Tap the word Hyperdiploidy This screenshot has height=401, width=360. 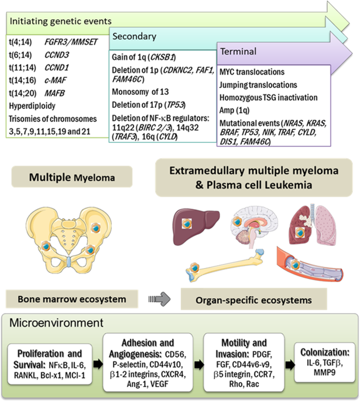tap(30, 105)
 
